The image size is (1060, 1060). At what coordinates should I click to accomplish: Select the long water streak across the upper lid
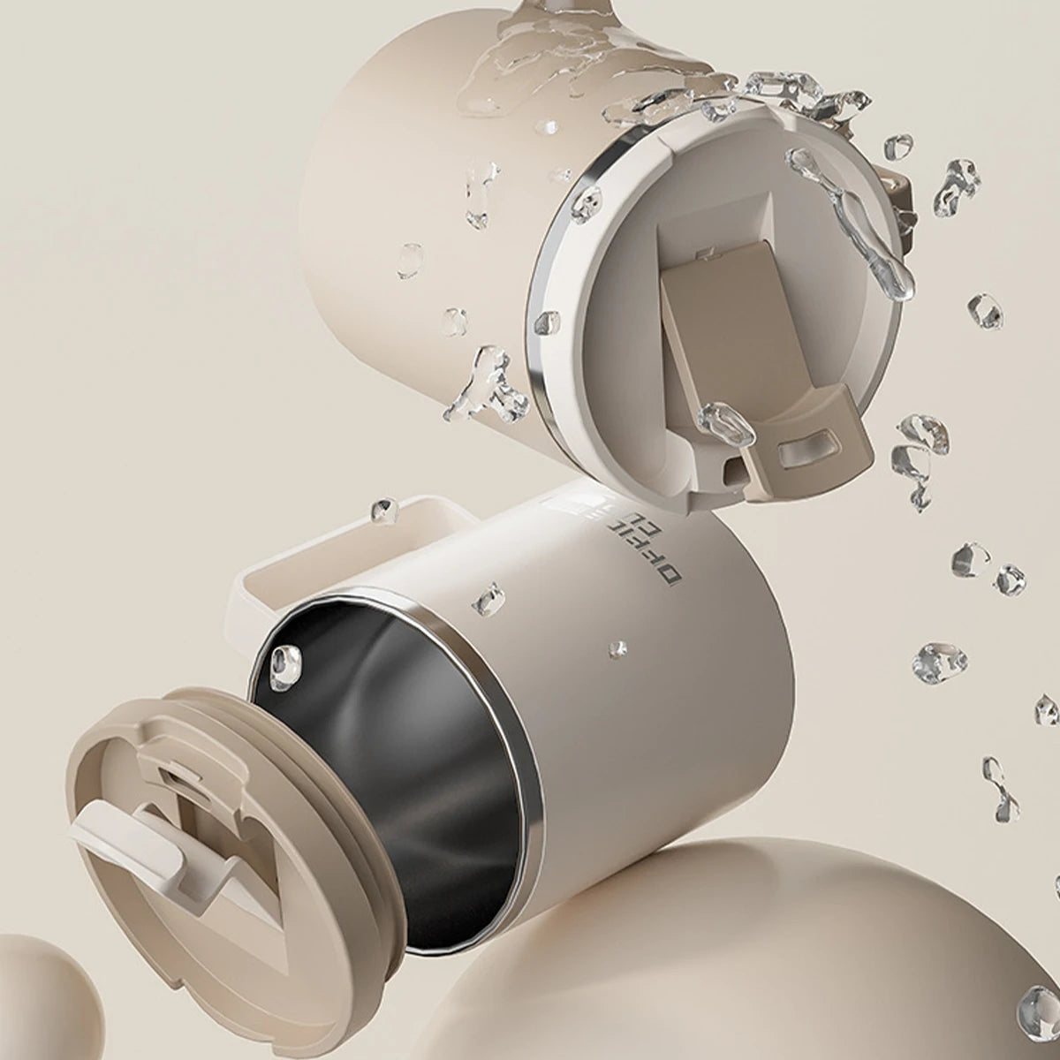[852, 221]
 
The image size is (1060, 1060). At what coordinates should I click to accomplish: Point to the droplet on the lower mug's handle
[383, 510]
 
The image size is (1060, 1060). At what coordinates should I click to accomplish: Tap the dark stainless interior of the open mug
[415, 751]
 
